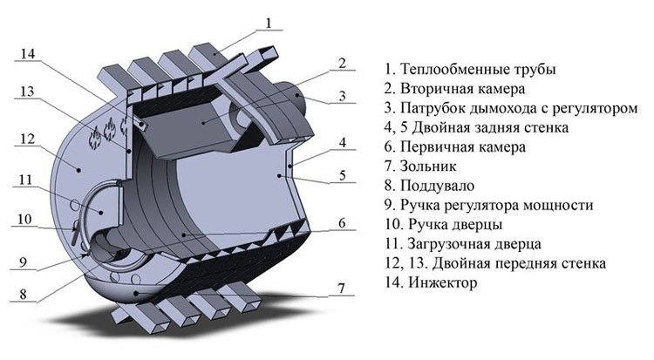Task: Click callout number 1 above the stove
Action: (270, 21)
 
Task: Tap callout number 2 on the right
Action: (342, 64)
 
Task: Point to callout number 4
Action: (343, 142)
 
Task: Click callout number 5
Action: (343, 175)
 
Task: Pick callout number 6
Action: (342, 223)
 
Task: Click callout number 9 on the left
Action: (22, 258)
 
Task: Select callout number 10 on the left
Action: (22, 218)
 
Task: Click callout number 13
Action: (27, 91)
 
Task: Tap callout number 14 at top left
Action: (27, 54)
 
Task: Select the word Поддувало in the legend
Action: (437, 186)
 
